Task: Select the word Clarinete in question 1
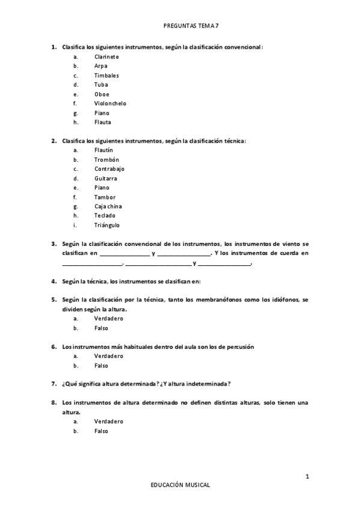tap(106, 57)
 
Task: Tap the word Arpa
tap(100, 66)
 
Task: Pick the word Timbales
tap(106, 75)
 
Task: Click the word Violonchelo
tap(110, 103)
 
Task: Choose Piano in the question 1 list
tap(102, 112)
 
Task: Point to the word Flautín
tap(103, 150)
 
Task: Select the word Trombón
tap(106, 159)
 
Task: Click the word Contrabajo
tap(109, 169)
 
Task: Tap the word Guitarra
tap(105, 179)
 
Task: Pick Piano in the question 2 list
tap(102, 188)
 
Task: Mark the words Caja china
tap(108, 206)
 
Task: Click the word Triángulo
tap(107, 225)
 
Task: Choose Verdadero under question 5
tap(109, 319)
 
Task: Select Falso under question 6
tap(101, 366)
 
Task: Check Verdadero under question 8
tap(109, 422)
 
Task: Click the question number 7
tap(54, 384)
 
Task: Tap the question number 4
tap(54, 281)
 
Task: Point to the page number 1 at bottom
tap(308, 477)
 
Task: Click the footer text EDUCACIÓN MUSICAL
tap(180, 485)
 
